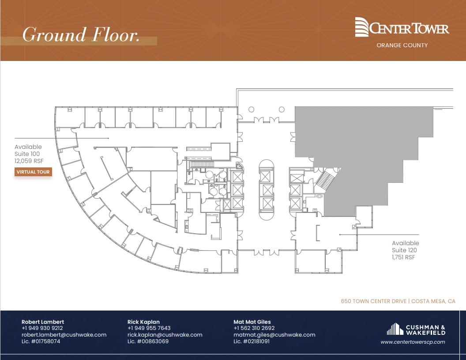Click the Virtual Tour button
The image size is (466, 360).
(x=33, y=172)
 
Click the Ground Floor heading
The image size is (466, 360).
(x=81, y=35)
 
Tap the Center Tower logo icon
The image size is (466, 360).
(x=361, y=27)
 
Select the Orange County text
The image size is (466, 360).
(x=402, y=45)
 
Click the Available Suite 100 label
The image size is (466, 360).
(x=29, y=150)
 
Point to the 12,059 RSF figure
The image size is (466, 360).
(x=29, y=161)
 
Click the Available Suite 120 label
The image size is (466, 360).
(x=405, y=246)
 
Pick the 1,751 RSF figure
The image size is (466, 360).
(x=403, y=257)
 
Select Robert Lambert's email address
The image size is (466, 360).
(x=64, y=335)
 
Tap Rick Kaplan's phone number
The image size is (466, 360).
(x=149, y=328)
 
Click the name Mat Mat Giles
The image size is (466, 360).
(x=252, y=322)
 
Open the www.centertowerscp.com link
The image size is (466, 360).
(x=413, y=342)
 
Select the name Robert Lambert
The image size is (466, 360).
(x=42, y=322)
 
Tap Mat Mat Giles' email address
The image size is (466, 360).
(x=274, y=335)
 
